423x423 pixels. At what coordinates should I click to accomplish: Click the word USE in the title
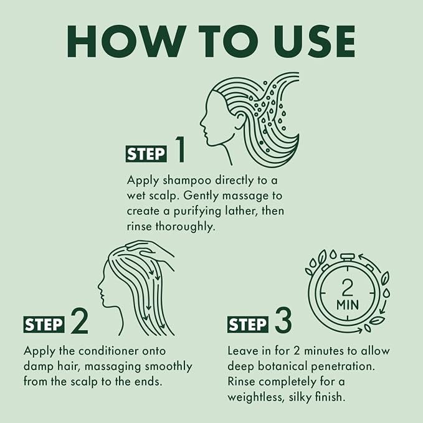coord(313,41)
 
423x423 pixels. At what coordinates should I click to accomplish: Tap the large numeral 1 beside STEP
coord(181,149)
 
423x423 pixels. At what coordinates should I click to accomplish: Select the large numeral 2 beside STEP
coord(80,321)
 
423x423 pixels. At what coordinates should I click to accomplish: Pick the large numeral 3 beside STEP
coord(283,321)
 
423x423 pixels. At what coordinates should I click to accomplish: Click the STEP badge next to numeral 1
coord(146,154)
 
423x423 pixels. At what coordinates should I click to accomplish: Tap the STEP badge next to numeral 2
coord(44,325)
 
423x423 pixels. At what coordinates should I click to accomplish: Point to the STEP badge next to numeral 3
coord(248,325)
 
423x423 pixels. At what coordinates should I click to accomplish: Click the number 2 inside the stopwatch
coord(347,288)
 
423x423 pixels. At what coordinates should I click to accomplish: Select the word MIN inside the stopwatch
coord(348,305)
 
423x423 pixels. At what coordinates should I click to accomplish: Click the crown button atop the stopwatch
coord(347,257)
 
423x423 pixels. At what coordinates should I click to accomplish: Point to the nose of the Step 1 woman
coord(201,125)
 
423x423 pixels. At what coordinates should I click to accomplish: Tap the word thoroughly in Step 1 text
coord(186,227)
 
